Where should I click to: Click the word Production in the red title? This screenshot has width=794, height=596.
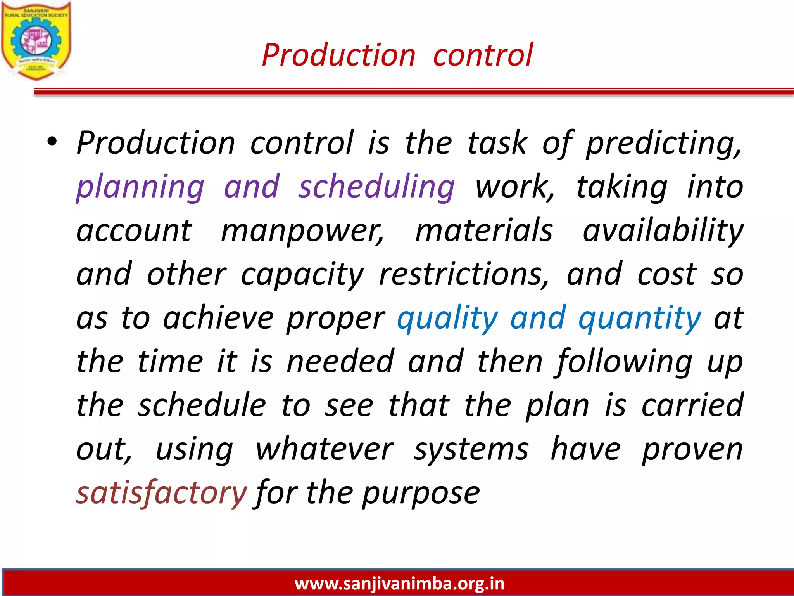click(x=338, y=55)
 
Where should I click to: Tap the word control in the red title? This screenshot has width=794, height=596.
click(x=483, y=55)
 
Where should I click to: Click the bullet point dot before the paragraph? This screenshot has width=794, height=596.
click(x=52, y=142)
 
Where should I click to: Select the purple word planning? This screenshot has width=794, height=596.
click(x=140, y=187)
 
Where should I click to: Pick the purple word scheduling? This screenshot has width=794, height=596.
click(x=376, y=187)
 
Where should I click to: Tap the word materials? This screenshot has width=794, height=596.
click(x=484, y=230)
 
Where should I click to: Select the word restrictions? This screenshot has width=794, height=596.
click(x=464, y=275)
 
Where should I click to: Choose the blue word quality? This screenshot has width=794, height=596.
click(x=447, y=319)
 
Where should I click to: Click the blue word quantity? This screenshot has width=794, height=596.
click(x=640, y=319)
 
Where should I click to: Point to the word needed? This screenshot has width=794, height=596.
click(x=340, y=362)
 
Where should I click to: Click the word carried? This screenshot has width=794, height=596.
click(x=692, y=405)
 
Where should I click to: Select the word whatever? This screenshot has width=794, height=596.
click(x=325, y=449)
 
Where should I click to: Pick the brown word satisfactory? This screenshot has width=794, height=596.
click(x=161, y=493)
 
